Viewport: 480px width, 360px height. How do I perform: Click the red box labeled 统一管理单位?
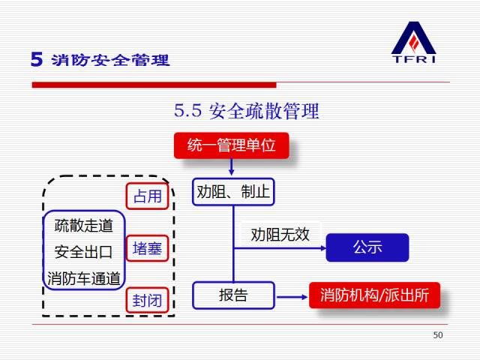[x=231, y=145]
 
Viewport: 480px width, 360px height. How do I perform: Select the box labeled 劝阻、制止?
[x=232, y=192]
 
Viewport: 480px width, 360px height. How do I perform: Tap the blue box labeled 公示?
[x=367, y=247]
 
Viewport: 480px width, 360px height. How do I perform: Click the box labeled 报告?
[x=232, y=295]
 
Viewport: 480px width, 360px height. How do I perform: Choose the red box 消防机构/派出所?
[x=374, y=295]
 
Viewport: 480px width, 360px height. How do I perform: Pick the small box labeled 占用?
[x=147, y=197]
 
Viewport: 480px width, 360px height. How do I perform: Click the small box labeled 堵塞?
[x=147, y=249]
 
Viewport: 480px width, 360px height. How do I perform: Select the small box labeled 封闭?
[x=147, y=301]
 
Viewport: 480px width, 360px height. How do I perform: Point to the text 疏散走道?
[x=84, y=225]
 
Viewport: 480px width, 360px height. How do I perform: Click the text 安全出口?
[x=84, y=251]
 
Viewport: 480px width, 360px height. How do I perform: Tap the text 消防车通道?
[x=84, y=278]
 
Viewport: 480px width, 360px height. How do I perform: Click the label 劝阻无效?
[x=280, y=235]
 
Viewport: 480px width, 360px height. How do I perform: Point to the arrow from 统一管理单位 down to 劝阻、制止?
[x=232, y=167]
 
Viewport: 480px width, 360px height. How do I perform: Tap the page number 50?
[x=438, y=335]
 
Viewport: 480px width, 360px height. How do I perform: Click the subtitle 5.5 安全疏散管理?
[x=247, y=112]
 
